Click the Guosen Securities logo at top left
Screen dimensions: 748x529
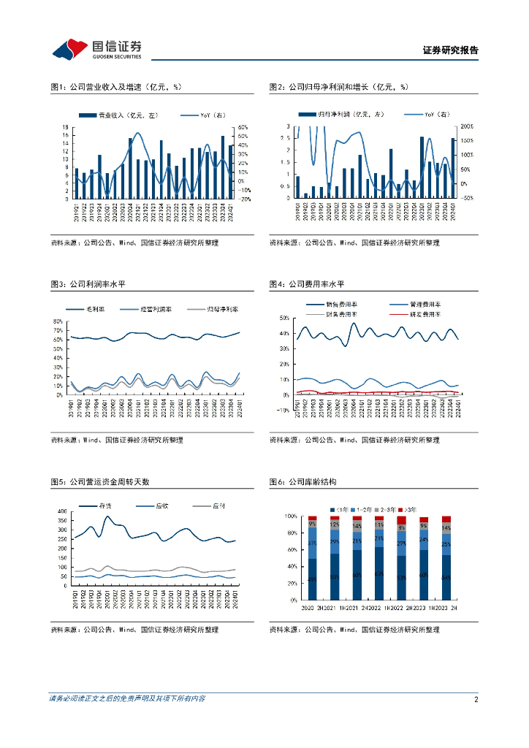(96, 49)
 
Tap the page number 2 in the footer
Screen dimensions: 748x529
(476, 699)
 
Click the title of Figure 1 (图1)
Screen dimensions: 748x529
(115, 87)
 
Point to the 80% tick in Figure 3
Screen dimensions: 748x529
(59, 321)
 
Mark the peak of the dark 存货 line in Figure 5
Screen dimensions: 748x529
(107, 516)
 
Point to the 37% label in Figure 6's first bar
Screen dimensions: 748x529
(312, 543)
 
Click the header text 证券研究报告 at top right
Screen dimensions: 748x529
(450, 50)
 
